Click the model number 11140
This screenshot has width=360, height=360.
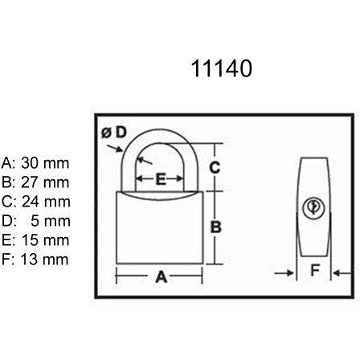pos(222,68)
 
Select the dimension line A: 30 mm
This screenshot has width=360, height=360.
pos(35,163)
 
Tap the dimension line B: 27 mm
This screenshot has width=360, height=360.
pos(35,182)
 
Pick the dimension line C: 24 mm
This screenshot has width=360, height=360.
pos(35,202)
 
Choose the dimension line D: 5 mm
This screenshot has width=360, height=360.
pos(35,221)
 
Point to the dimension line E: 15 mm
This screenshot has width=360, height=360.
pos(35,240)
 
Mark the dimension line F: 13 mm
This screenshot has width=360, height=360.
pos(35,260)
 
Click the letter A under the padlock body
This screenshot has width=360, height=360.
pos(162,276)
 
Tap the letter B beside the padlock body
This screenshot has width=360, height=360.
pos(216,227)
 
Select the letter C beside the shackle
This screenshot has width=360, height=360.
pos(215,167)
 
